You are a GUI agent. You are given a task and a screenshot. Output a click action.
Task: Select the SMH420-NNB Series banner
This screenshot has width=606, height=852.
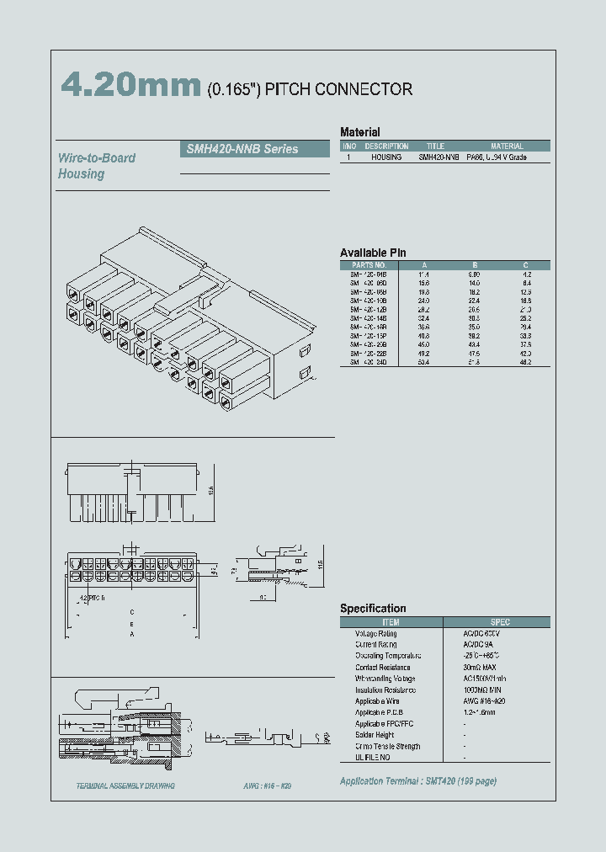pos(255,149)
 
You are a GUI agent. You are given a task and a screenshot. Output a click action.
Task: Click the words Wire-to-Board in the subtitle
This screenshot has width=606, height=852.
pos(96,158)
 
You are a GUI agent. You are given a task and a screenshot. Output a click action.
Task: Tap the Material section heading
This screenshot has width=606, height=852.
pos(359,132)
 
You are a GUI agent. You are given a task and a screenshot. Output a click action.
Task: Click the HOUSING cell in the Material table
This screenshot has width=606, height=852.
pos(386,157)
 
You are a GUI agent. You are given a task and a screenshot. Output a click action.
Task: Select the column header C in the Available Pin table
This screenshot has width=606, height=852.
pos(526,264)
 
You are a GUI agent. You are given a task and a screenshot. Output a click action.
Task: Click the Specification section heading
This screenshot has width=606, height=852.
pos(373,609)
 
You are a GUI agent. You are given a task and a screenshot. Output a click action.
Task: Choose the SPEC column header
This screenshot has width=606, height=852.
pos(500,622)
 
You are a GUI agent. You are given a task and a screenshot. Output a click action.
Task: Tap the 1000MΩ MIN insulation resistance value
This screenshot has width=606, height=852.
pos(486,690)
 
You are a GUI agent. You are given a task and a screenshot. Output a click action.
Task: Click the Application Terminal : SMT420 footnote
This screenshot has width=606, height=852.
pos(417,781)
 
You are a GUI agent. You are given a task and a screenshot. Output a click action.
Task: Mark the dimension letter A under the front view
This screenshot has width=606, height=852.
pos(130,636)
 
